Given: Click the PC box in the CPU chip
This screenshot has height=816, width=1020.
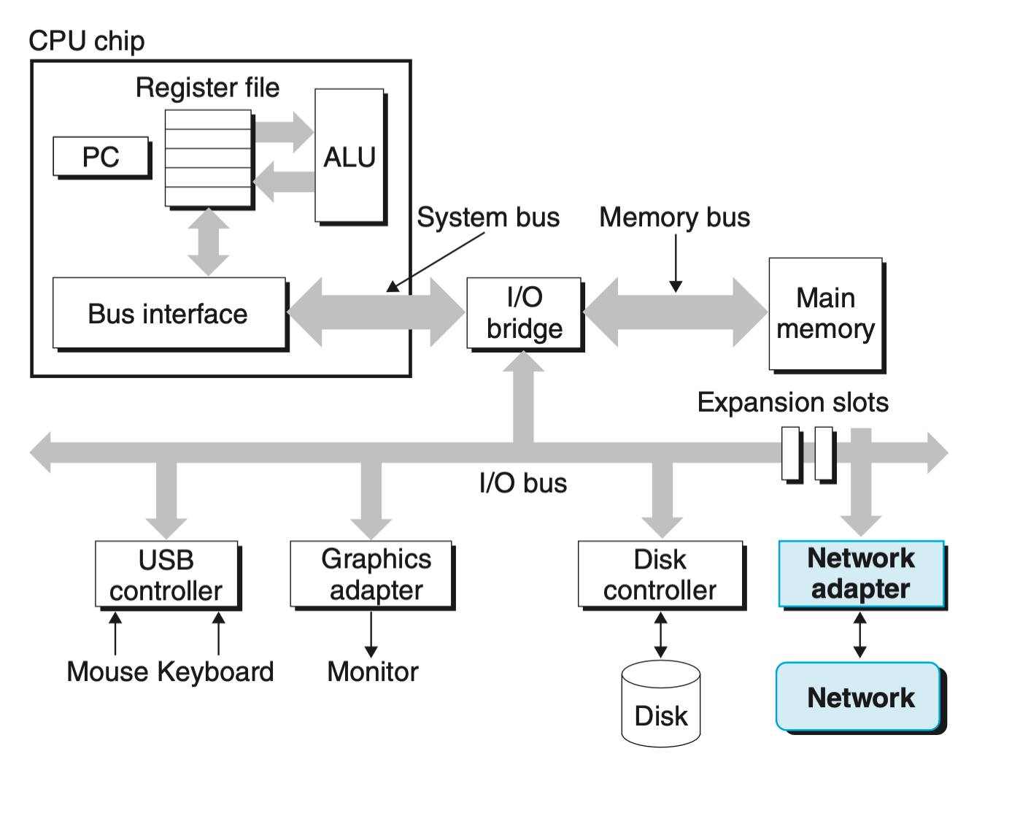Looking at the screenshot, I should click(x=101, y=157).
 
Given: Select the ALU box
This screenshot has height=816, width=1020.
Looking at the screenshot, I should click(x=349, y=156).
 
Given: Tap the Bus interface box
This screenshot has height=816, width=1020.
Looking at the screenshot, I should click(x=169, y=313).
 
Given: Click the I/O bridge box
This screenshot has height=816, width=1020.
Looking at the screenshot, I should click(x=524, y=312).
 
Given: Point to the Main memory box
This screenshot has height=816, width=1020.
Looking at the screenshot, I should click(x=825, y=313).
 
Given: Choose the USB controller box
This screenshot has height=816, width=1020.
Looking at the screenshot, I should click(x=166, y=574).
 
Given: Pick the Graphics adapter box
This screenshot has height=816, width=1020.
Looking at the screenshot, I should click(x=371, y=574).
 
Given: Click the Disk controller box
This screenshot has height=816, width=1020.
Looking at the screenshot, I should click(x=660, y=574).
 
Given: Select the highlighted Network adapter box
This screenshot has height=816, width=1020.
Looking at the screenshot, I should click(x=861, y=574).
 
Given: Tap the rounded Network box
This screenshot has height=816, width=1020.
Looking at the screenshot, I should click(x=859, y=697).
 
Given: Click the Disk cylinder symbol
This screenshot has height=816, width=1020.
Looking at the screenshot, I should click(x=661, y=704).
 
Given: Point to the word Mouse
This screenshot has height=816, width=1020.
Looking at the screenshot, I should click(x=108, y=671).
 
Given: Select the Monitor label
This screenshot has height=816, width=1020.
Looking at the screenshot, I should click(x=373, y=671).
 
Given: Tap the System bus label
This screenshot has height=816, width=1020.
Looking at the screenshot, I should click(x=488, y=218).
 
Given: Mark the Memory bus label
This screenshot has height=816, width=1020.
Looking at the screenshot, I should click(x=675, y=218).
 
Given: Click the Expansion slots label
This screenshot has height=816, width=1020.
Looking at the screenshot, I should click(x=793, y=402).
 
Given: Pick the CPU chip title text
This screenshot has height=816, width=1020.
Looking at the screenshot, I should click(x=87, y=41).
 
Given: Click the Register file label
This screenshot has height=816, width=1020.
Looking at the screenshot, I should click(x=208, y=88).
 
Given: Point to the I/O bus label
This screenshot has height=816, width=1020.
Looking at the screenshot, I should click(x=523, y=483).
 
